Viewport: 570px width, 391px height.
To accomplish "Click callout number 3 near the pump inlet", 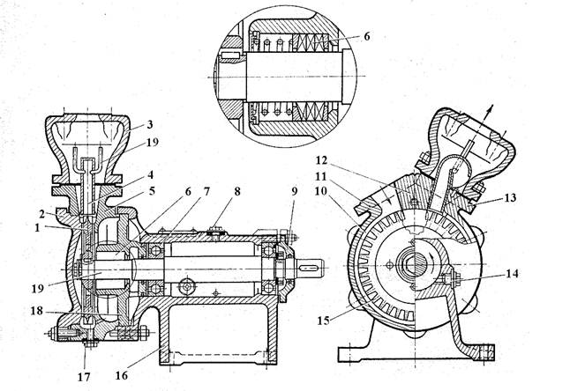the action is (x=150, y=124).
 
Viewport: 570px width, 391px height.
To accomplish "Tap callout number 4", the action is (x=150, y=175).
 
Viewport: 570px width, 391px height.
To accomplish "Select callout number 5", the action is (x=152, y=190).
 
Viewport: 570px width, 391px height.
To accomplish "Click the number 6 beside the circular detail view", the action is (x=366, y=36).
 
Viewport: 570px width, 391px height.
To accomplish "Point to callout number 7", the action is (x=206, y=191).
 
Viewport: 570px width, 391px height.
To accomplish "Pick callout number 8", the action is (x=237, y=191).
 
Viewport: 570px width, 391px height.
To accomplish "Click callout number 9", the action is (x=294, y=191).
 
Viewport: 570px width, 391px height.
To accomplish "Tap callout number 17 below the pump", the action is (x=84, y=378).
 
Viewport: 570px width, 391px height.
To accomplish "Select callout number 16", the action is (x=122, y=375).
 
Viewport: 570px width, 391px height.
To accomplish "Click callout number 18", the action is (x=37, y=311).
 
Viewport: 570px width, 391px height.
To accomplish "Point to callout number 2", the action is (x=42, y=214).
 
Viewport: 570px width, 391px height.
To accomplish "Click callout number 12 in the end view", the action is (x=321, y=160).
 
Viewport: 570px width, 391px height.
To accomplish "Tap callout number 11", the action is (x=321, y=176).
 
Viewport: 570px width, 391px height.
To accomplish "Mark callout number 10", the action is (x=321, y=191).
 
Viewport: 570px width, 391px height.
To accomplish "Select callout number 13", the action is (x=510, y=198).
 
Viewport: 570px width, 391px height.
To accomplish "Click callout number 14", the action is (x=512, y=274).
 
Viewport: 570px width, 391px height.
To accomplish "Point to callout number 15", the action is (x=324, y=321).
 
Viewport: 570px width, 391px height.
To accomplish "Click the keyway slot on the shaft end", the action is (x=310, y=268).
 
